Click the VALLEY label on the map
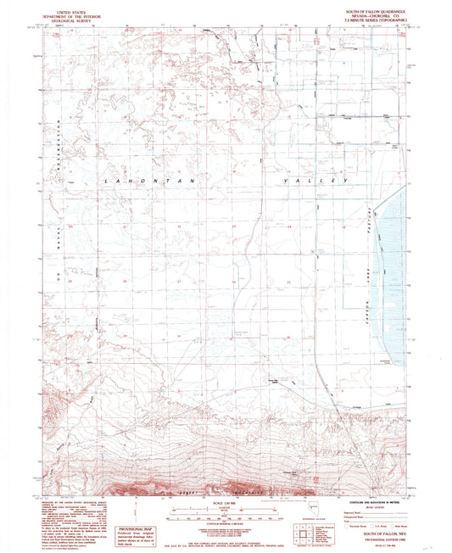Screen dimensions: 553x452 point(321,181)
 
